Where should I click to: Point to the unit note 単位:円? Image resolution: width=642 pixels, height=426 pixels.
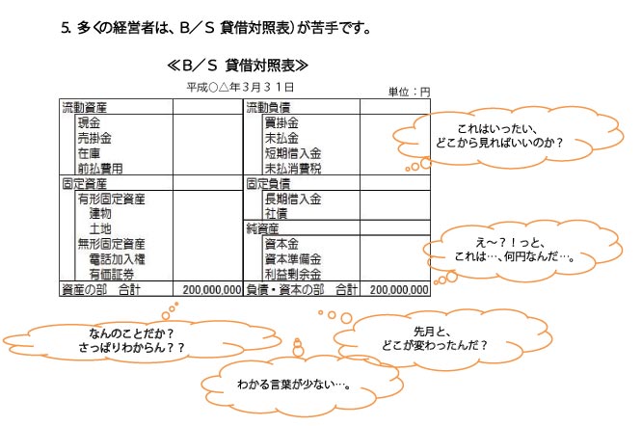408,92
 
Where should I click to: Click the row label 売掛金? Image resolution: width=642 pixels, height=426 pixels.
94,139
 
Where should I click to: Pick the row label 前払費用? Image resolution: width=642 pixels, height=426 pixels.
100,168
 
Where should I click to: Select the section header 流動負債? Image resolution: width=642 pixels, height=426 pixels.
269,106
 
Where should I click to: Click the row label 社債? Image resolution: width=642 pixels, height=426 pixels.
275,213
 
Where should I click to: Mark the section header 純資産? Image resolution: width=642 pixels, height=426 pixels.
262,228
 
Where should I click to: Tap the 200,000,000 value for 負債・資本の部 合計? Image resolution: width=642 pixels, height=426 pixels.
398,288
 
